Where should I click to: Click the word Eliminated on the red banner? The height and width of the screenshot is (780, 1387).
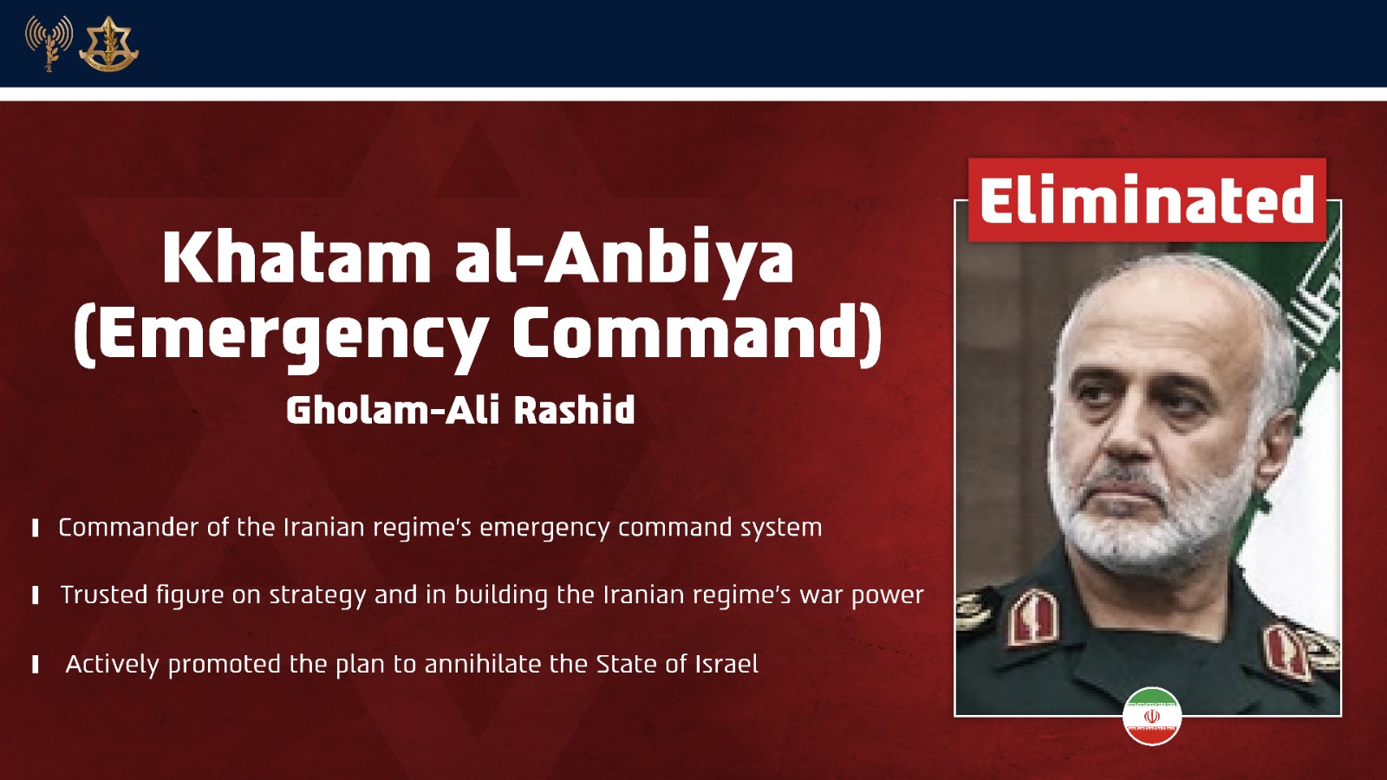(1147, 199)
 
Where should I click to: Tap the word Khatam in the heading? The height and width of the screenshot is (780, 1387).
(296, 257)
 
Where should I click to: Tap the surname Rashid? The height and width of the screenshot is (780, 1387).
(574, 410)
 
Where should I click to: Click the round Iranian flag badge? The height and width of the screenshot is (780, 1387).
(1152, 716)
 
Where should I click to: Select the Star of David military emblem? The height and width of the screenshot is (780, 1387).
(108, 43)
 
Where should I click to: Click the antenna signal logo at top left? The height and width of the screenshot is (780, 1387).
(49, 43)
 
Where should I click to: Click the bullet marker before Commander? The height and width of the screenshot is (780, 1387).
(36, 528)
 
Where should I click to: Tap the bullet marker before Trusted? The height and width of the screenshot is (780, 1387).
(36, 595)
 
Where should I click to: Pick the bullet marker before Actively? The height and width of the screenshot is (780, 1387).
(36, 664)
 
